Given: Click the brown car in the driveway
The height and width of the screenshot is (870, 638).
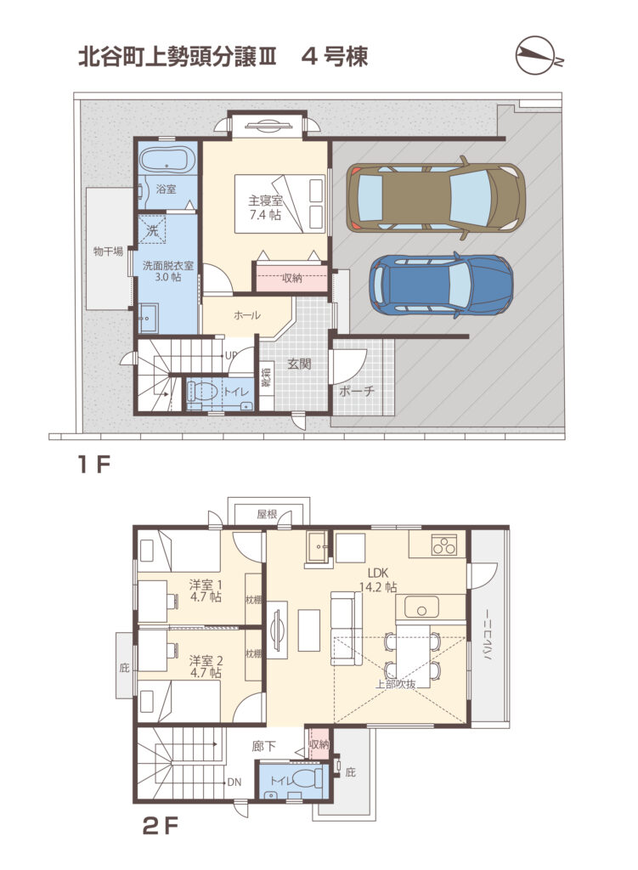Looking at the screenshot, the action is coord(436,197).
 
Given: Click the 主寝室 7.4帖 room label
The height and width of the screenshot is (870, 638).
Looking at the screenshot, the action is coord(265,207).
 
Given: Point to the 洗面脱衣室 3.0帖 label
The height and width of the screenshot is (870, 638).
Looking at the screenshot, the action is coord(168,271).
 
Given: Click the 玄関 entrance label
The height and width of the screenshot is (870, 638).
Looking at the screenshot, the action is coord(299,364).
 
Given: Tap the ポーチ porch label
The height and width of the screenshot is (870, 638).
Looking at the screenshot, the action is coord(356,391).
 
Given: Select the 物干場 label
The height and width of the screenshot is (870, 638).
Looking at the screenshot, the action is coord(108,251).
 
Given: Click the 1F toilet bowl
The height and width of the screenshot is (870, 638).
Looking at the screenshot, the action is coord(202,390).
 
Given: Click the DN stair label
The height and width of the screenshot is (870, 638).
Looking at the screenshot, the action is coord(234,782).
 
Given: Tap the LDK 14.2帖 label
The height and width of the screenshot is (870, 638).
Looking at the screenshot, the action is coord(378,579).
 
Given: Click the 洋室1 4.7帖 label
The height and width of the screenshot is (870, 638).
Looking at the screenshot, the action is coord(206,590).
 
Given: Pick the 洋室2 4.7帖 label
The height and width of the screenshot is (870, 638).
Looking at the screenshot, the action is coord(206,666).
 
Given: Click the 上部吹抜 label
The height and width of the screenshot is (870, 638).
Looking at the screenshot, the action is coord(395,684).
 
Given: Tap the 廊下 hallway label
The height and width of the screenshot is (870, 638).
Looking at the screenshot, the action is coord(263,746).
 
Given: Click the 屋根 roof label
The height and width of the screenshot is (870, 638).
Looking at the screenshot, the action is coord(267,514).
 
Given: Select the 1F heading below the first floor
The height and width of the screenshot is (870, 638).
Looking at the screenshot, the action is coord(94,465).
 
